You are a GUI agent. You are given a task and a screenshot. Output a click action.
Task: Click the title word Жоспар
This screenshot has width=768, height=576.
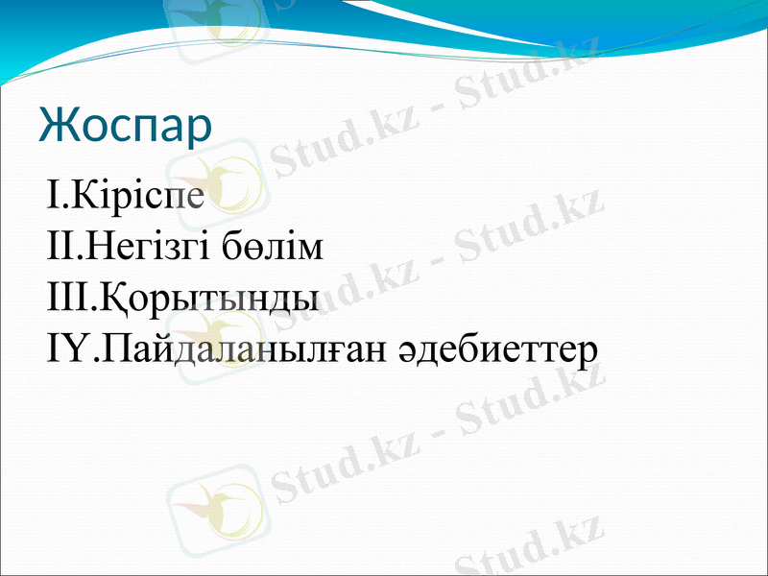click(125, 126)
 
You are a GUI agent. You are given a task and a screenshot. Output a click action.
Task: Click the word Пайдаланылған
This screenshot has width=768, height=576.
click(245, 348)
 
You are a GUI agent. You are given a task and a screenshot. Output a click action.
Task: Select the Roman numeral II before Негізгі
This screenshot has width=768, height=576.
click(60, 248)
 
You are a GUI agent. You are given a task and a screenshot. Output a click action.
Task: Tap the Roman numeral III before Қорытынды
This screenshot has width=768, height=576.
click(66, 298)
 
